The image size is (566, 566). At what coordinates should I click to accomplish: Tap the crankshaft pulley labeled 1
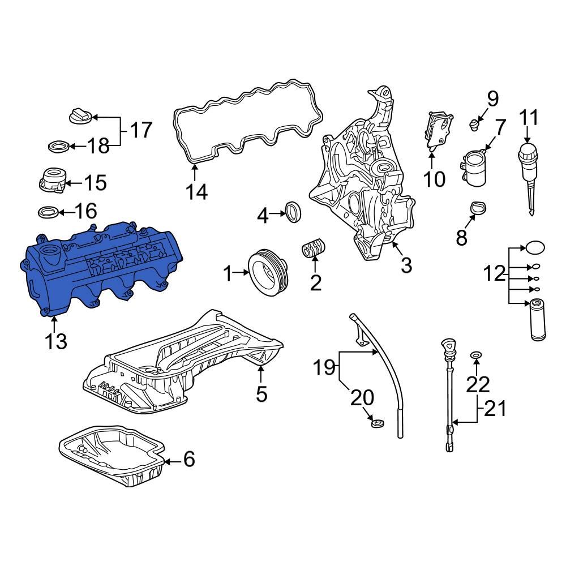269,273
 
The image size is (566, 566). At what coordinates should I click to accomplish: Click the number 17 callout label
141,130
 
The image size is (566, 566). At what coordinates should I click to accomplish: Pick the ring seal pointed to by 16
48,213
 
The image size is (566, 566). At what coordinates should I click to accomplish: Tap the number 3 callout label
406,264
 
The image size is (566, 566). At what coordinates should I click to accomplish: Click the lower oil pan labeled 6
113,456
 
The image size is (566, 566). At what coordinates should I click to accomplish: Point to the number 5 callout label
261,393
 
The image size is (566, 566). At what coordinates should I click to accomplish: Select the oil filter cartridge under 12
537,320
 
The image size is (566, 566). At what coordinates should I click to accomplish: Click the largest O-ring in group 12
535,247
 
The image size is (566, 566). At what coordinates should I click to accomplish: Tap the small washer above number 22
477,355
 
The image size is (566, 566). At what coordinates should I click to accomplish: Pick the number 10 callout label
434,179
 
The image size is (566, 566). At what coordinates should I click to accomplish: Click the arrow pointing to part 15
72,182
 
